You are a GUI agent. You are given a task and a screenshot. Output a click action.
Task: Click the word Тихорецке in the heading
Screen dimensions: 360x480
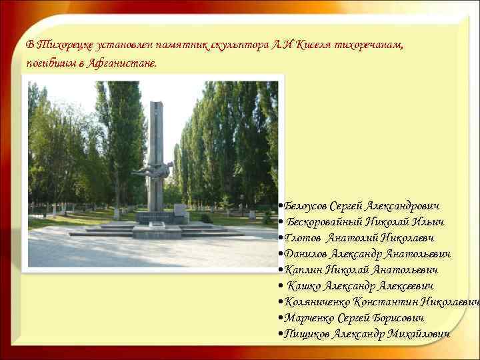click(66, 45)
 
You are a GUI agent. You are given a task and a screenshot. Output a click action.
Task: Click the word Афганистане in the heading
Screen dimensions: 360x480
click(123, 64)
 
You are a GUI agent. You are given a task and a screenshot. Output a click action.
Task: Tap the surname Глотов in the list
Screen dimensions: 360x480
click(302, 239)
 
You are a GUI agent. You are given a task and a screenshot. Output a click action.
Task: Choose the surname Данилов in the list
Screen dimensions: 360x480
click(306, 254)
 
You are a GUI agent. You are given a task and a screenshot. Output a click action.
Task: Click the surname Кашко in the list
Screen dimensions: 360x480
click(305, 286)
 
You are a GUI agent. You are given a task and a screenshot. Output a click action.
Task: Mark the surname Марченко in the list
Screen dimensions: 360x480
click(310, 318)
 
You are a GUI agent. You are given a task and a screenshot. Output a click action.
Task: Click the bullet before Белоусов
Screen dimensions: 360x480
click(281, 207)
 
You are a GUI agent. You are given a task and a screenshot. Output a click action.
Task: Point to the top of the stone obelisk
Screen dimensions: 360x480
click(156, 104)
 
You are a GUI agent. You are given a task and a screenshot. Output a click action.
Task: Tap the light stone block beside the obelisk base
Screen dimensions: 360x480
click(181, 213)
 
